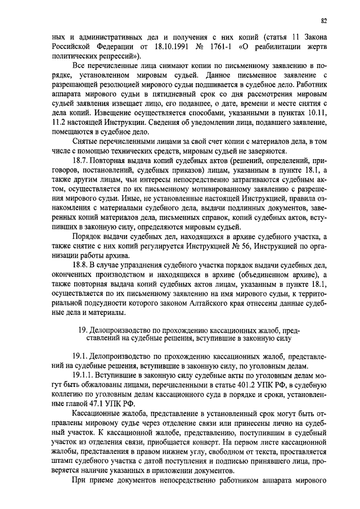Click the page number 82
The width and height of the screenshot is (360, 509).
pyautogui.click(x=324, y=21)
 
